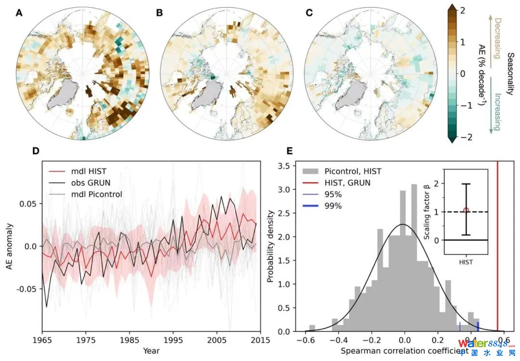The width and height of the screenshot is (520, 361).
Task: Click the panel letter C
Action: pos(309,13)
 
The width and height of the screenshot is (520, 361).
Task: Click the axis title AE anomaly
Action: pos(10,246)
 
